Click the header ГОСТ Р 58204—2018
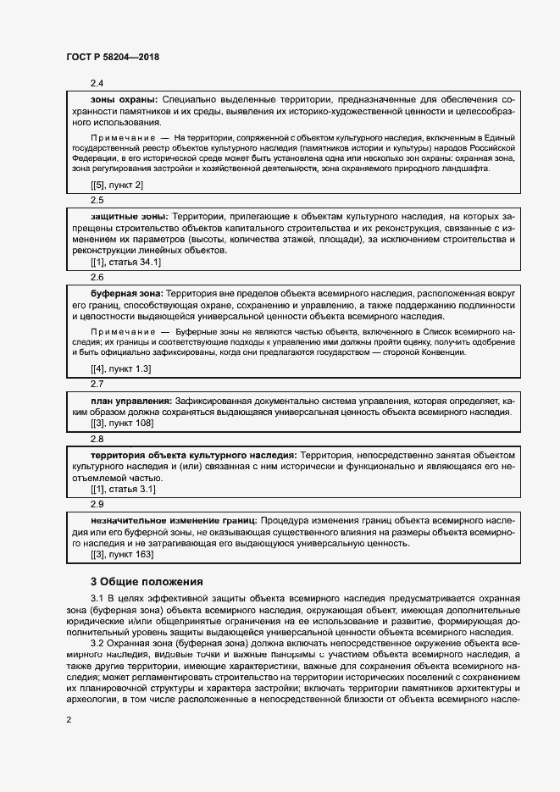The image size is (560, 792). (113, 58)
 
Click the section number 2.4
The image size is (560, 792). (97, 83)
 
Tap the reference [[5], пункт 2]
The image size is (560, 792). (117, 185)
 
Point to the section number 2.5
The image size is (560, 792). (97, 202)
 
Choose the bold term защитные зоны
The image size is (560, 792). (129, 217)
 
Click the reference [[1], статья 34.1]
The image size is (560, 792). (125, 263)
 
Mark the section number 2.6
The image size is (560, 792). (97, 277)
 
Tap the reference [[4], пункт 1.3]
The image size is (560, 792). (121, 369)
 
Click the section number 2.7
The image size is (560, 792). (97, 384)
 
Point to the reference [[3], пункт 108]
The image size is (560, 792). (121, 422)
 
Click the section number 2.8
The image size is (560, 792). (97, 439)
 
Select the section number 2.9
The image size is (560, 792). (97, 504)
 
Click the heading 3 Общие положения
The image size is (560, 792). (147, 582)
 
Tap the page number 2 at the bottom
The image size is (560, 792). (69, 720)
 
